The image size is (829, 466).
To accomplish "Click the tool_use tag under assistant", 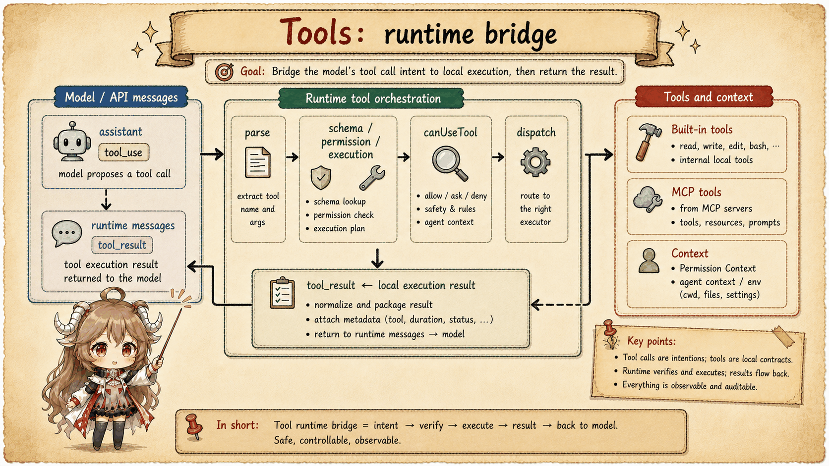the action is click(123, 152).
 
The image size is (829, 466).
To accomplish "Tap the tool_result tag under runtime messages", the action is click(122, 245).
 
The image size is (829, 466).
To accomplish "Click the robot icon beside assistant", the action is click(72, 142).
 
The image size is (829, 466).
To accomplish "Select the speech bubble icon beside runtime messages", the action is click(66, 233).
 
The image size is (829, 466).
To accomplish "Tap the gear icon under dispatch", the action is click(535, 162).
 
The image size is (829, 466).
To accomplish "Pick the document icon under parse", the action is click(258, 162).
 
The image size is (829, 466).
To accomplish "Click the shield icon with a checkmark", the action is click(320, 178).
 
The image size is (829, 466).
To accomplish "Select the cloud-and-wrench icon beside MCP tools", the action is click(648, 199).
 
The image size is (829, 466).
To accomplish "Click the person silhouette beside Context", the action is click(649, 260).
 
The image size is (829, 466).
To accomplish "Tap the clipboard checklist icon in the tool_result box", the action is click(283, 293).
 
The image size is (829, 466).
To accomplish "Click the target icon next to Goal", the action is click(224, 72).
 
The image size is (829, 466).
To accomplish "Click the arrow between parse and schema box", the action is click(292, 157).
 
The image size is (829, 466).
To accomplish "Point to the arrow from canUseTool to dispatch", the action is click(498, 157).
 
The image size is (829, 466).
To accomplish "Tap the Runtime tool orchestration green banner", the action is click(371, 98).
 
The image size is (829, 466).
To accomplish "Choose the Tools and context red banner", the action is click(704, 97).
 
